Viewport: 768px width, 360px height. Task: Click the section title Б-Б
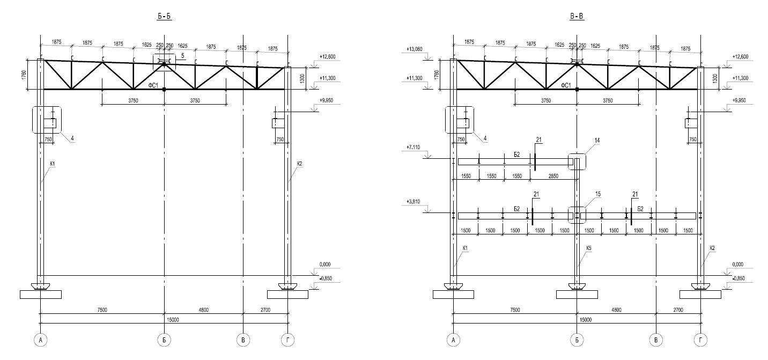[x=164, y=17]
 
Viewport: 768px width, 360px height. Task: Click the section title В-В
[x=577, y=17]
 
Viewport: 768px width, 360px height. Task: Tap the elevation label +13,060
[x=415, y=49]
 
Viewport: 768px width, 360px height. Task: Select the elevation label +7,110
[x=413, y=148]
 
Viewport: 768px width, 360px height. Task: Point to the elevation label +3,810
[x=413, y=202]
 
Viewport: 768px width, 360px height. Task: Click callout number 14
[x=597, y=140]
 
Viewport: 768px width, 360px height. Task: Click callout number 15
[x=598, y=194]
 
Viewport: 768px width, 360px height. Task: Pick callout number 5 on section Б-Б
[x=182, y=56]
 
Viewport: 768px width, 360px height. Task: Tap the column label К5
[x=589, y=248]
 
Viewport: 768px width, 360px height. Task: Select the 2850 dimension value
[x=553, y=176]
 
